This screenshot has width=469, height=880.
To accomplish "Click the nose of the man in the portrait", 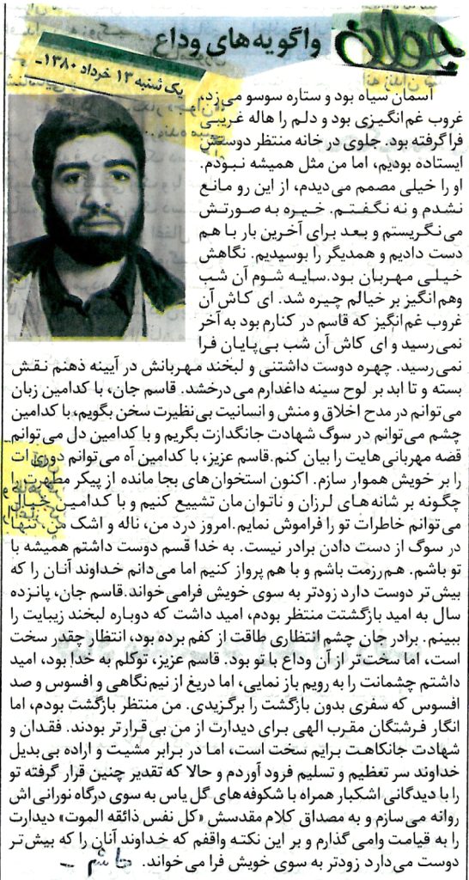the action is point(96,193).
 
